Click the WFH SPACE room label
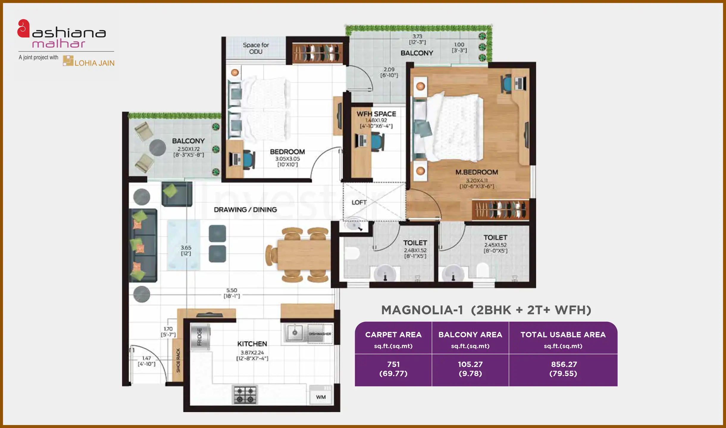376,114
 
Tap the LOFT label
359,202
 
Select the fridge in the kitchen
200,337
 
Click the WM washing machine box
321,397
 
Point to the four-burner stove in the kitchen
245,395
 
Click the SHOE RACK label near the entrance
178,360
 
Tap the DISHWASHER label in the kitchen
320,334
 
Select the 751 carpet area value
393,364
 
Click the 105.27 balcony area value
470,364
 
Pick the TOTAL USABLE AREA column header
563,335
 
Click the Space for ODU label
256,48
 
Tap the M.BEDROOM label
477,172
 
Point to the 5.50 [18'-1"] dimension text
231,293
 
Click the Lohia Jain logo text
94,63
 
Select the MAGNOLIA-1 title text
422,310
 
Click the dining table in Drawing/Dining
303,255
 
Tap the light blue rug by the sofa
183,245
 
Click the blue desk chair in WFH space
377,142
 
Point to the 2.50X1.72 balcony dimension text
188,149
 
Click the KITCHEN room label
252,344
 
